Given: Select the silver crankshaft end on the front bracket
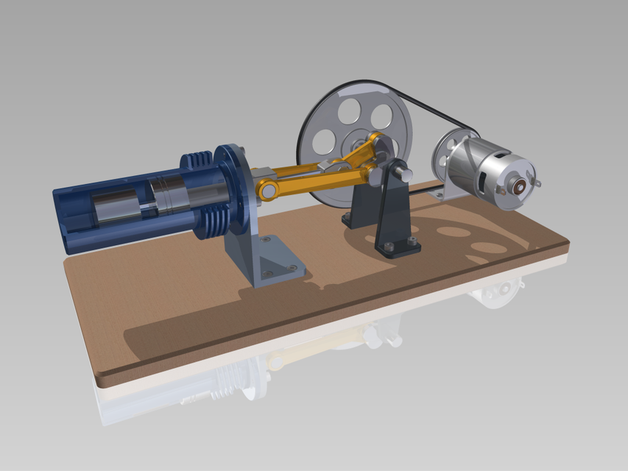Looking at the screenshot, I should tap(404, 174).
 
